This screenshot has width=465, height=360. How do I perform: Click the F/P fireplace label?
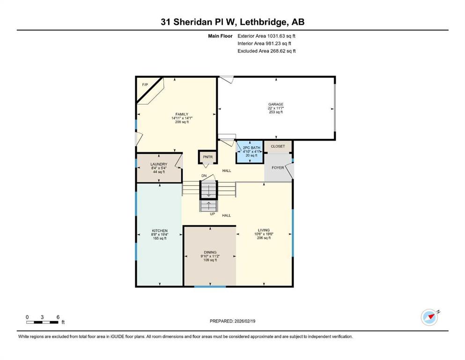pyautogui.click(x=145, y=84)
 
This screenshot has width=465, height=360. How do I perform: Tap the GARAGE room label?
pyautogui.click(x=276, y=104)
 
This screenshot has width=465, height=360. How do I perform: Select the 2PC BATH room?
pyautogui.click(x=250, y=152)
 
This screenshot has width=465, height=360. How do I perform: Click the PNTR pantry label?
pyautogui.click(x=207, y=157)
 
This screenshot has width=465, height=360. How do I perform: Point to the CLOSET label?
pyautogui.click(x=278, y=146)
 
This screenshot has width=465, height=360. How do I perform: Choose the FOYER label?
pyautogui.click(x=278, y=168)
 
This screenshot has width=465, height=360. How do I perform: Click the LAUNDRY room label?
pyautogui.click(x=159, y=164)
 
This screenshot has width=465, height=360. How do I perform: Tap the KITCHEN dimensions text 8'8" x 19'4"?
pyautogui.click(x=160, y=234)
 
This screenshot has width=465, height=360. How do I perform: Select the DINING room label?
pyautogui.click(x=210, y=252)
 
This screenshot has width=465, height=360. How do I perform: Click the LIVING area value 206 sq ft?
pyautogui.click(x=264, y=238)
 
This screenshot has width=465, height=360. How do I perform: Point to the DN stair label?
pyautogui.click(x=204, y=176)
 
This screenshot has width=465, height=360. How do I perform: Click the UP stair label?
pyautogui.click(x=212, y=214)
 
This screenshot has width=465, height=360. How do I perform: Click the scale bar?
pyautogui.click(x=42, y=322)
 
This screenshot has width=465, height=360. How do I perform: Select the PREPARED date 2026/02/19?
pyautogui.click(x=244, y=321)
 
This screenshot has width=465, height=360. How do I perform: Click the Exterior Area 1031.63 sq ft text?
pyautogui.click(x=266, y=36)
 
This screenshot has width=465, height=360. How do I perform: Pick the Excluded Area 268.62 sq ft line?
pyautogui.click(x=266, y=51)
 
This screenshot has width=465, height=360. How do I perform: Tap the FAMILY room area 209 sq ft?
pyautogui.click(x=182, y=122)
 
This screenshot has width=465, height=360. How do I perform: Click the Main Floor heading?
pyautogui.click(x=220, y=36)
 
